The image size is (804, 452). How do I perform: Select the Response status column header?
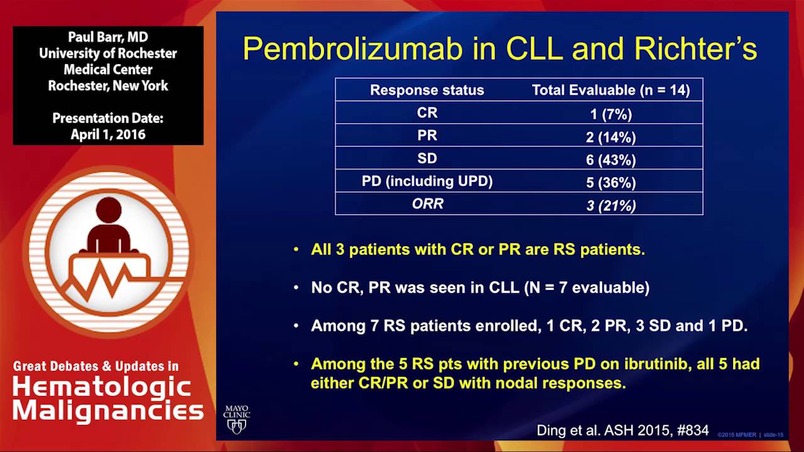(x=426, y=90)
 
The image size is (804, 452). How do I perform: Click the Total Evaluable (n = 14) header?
(x=611, y=90)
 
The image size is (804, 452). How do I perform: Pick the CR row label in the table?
(x=426, y=113)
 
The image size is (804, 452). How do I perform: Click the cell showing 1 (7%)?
(x=611, y=114)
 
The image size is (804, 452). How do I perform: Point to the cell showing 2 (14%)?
(x=611, y=136)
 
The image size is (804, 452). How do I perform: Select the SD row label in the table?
(x=426, y=159)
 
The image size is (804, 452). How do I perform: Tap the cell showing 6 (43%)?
(x=611, y=159)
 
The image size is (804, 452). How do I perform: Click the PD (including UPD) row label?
(x=426, y=181)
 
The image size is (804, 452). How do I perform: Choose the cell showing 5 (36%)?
(x=611, y=182)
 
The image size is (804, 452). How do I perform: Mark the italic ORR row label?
(x=426, y=204)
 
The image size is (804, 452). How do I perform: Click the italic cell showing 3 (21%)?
(x=611, y=205)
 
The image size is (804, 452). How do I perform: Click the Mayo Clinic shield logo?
(x=237, y=420)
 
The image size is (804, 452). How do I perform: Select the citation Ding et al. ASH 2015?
(x=622, y=431)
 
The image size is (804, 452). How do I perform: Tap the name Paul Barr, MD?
(x=108, y=37)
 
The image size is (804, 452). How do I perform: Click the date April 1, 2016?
(x=108, y=134)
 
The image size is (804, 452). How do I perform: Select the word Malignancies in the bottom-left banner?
(x=108, y=411)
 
